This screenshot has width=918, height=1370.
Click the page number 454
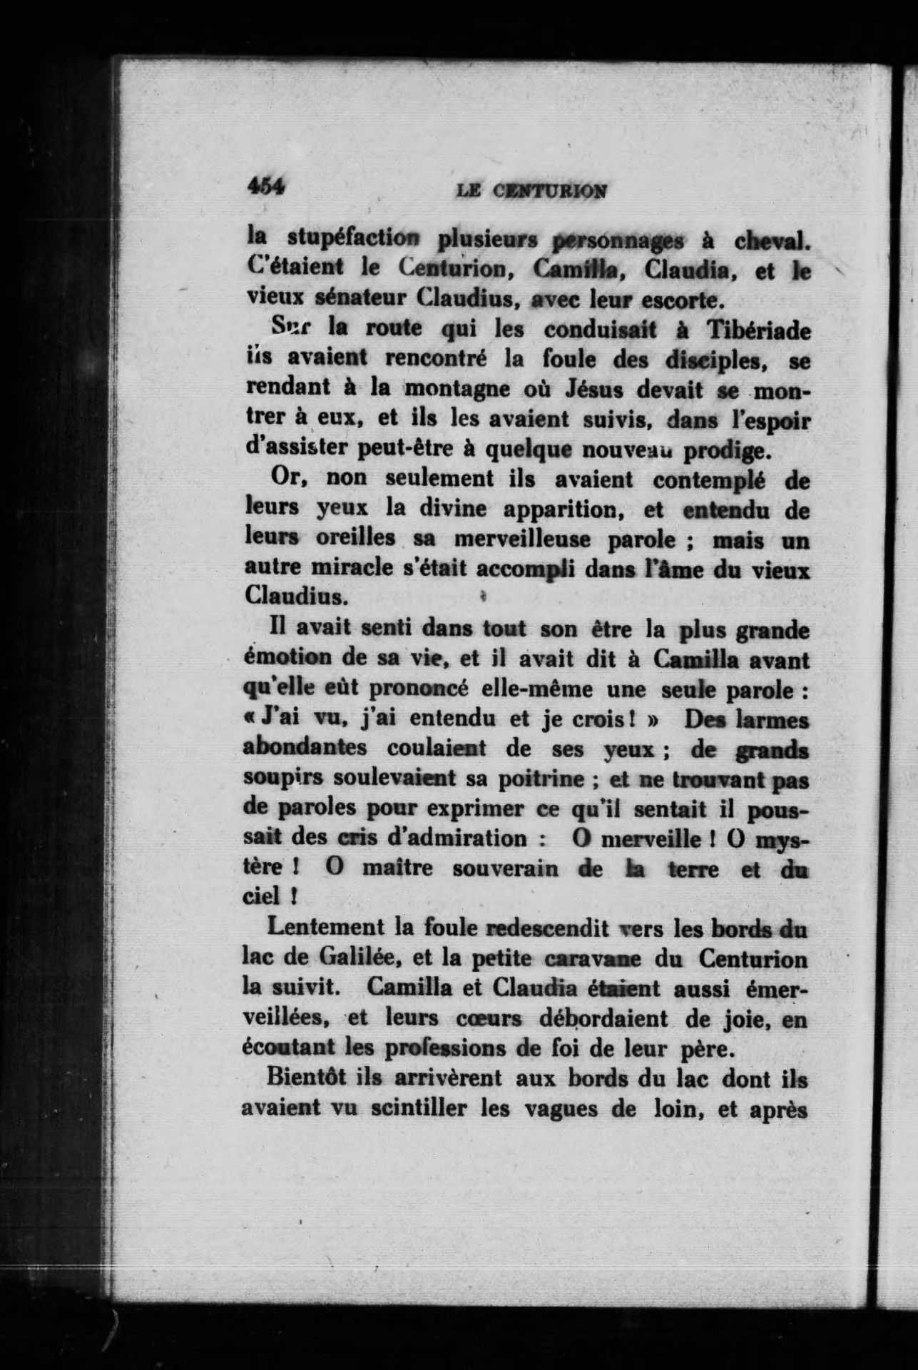265,186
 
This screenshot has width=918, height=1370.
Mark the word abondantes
305,749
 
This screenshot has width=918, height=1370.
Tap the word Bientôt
307,1078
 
